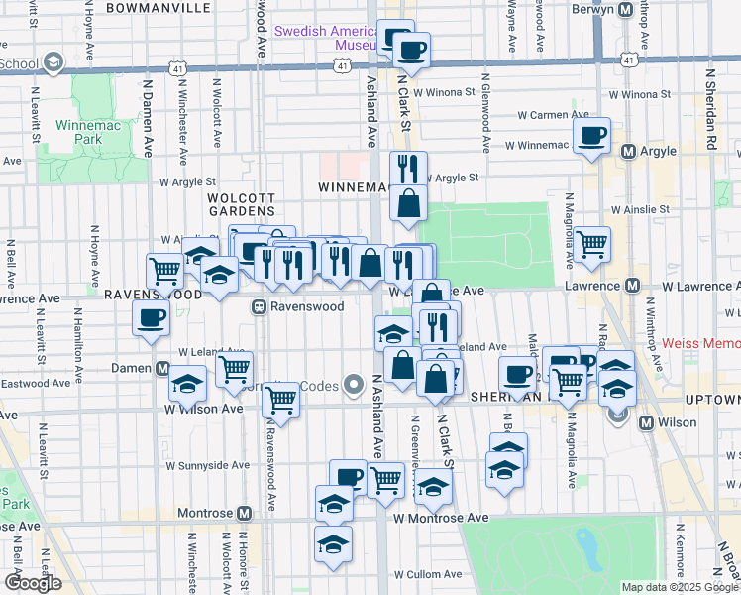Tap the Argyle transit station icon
coord(627,152)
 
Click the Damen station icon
coord(161,368)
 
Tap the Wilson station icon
coord(647,422)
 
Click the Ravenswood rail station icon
coord(260,307)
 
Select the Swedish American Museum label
coord(325,38)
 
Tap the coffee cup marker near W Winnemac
coord(591,136)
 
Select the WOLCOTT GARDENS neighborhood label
coord(241,204)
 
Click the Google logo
coord(33,583)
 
